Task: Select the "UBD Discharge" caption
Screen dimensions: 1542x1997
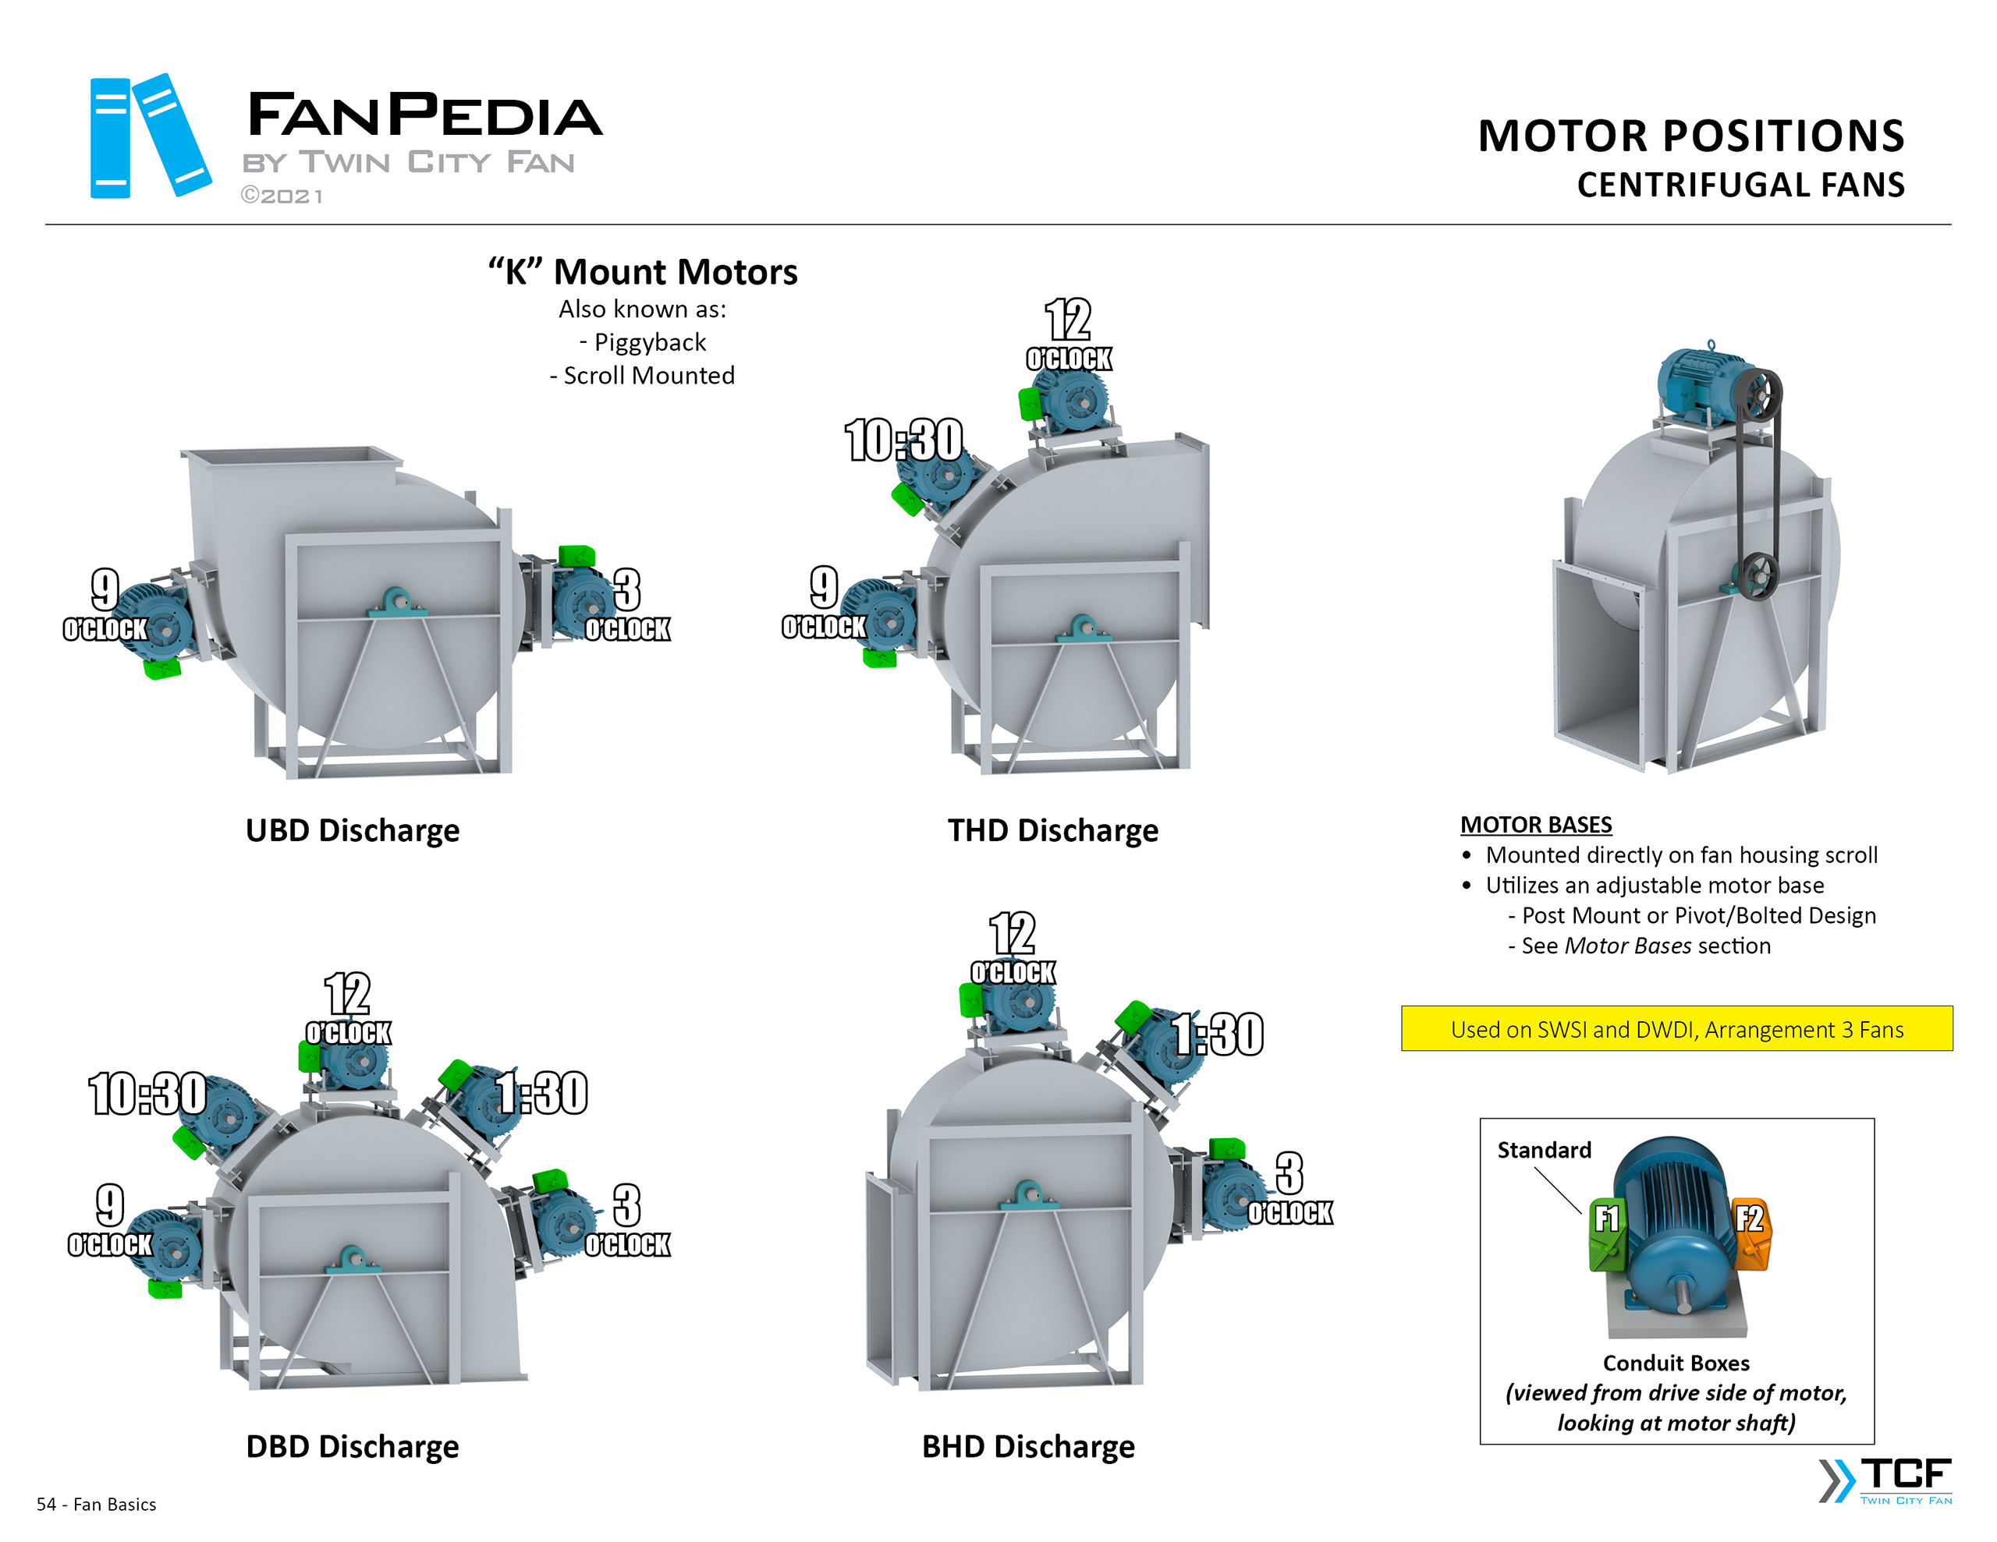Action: click(352, 830)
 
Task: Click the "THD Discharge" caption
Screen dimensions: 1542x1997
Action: click(1052, 830)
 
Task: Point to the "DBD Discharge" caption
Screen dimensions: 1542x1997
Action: click(352, 1446)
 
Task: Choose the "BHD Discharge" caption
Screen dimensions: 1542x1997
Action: click(1028, 1446)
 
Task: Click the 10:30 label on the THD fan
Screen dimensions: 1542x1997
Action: click(903, 440)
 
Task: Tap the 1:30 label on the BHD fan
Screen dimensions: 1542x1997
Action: click(1218, 1034)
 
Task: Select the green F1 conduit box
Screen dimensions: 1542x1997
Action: click(1606, 1233)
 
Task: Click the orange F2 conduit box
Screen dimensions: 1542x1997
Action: click(1751, 1233)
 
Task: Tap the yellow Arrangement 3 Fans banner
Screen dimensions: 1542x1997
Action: click(1676, 1029)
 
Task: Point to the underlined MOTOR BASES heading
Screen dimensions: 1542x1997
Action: click(1535, 825)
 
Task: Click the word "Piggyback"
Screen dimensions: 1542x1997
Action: click(649, 342)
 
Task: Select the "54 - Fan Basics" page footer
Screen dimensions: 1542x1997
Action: click(96, 1505)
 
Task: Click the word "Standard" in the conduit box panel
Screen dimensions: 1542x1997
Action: click(1544, 1150)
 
